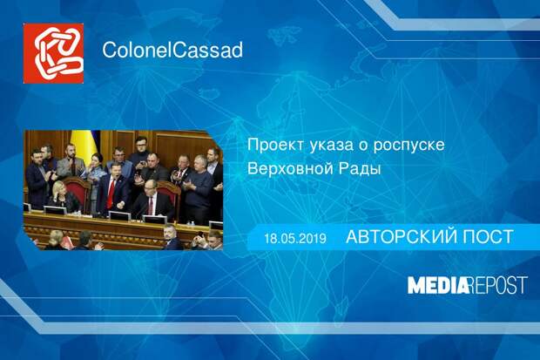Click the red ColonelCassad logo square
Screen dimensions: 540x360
(x=53, y=53)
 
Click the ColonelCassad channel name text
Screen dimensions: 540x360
(x=172, y=50)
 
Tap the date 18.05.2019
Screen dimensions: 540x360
(x=295, y=238)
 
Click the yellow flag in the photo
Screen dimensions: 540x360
(x=84, y=145)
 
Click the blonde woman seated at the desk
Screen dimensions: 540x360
(x=62, y=196)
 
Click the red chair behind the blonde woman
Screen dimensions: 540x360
(x=78, y=192)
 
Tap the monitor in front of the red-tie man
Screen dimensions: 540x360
(x=119, y=215)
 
